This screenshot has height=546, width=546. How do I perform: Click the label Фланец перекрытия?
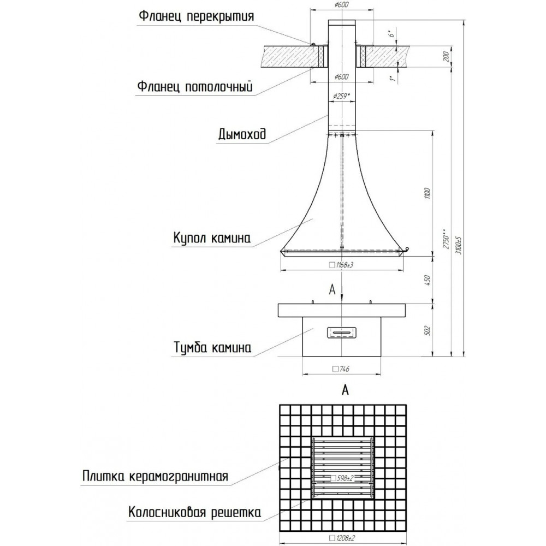[197, 16]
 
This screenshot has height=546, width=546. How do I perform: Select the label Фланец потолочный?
[195, 86]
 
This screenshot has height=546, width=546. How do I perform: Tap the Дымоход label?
[242, 134]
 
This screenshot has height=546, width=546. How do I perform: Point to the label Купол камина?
[212, 238]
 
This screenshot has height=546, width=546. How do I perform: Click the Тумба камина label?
[212, 347]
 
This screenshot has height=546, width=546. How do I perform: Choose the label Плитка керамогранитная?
[155, 476]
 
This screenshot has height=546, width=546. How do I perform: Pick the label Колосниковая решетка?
[195, 512]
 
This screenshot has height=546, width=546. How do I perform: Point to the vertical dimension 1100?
[428, 193]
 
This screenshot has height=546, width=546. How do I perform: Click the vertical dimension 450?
[428, 280]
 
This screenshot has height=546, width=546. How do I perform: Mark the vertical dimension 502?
[428, 330]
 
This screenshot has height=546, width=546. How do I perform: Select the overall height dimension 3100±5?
[459, 246]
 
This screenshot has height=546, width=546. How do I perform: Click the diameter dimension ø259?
[341, 96]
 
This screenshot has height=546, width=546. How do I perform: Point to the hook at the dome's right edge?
[406, 250]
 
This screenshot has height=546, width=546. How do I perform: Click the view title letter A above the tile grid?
[345, 390]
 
